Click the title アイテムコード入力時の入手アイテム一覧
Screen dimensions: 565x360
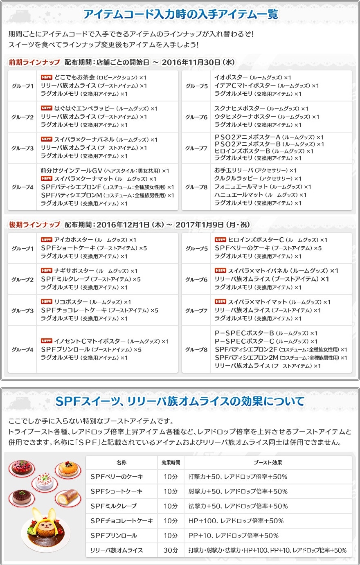[x=180, y=15]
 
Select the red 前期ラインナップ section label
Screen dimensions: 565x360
[x=35, y=62]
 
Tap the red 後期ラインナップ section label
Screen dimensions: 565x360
[x=35, y=225]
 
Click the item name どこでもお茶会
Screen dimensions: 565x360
[x=75, y=77]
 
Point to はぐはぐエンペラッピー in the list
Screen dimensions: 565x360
[x=84, y=108]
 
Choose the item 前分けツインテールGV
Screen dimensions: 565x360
[x=71, y=171]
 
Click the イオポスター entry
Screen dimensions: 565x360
[x=231, y=77]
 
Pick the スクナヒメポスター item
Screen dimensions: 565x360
[x=239, y=108]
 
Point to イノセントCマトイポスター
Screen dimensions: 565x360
[x=90, y=341]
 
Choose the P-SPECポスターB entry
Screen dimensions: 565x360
[x=244, y=333]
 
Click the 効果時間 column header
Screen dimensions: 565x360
[x=171, y=462]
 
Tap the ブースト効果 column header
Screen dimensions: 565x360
[x=268, y=462]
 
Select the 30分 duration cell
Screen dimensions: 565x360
[x=171, y=550]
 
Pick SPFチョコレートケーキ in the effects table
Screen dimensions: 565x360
[x=122, y=521]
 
